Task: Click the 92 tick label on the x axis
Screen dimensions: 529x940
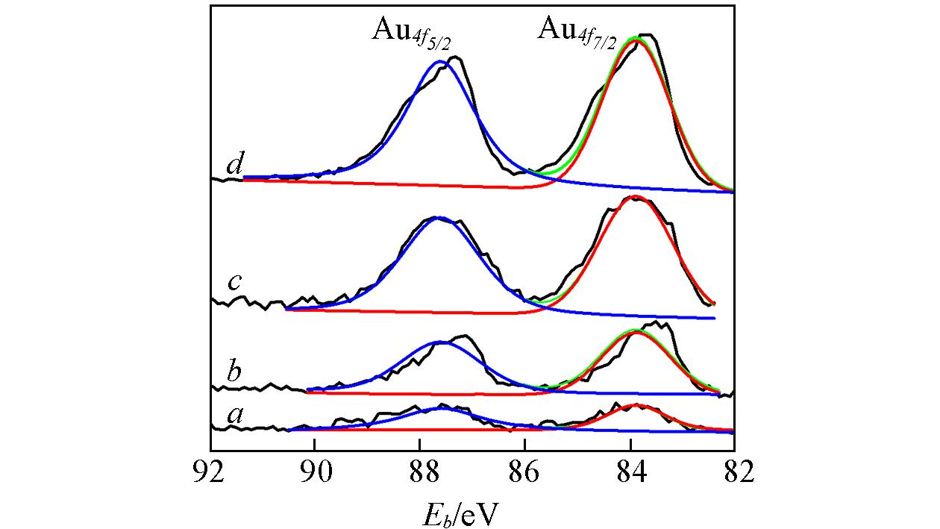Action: click(210, 472)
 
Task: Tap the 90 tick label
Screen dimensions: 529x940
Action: click(315, 472)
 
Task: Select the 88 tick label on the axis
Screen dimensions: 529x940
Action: click(420, 472)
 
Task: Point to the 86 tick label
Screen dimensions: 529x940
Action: click(525, 472)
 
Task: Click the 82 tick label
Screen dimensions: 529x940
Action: click(734, 472)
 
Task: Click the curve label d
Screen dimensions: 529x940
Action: click(234, 164)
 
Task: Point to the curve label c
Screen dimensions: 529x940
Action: click(234, 282)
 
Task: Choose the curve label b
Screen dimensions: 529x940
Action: click(234, 371)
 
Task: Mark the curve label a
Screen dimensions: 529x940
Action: click(236, 415)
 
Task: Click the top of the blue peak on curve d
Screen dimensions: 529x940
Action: click(440, 61)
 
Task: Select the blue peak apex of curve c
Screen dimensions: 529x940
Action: click(439, 218)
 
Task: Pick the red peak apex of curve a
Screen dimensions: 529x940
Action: click(636, 404)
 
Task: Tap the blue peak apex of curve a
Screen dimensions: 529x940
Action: click(442, 408)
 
